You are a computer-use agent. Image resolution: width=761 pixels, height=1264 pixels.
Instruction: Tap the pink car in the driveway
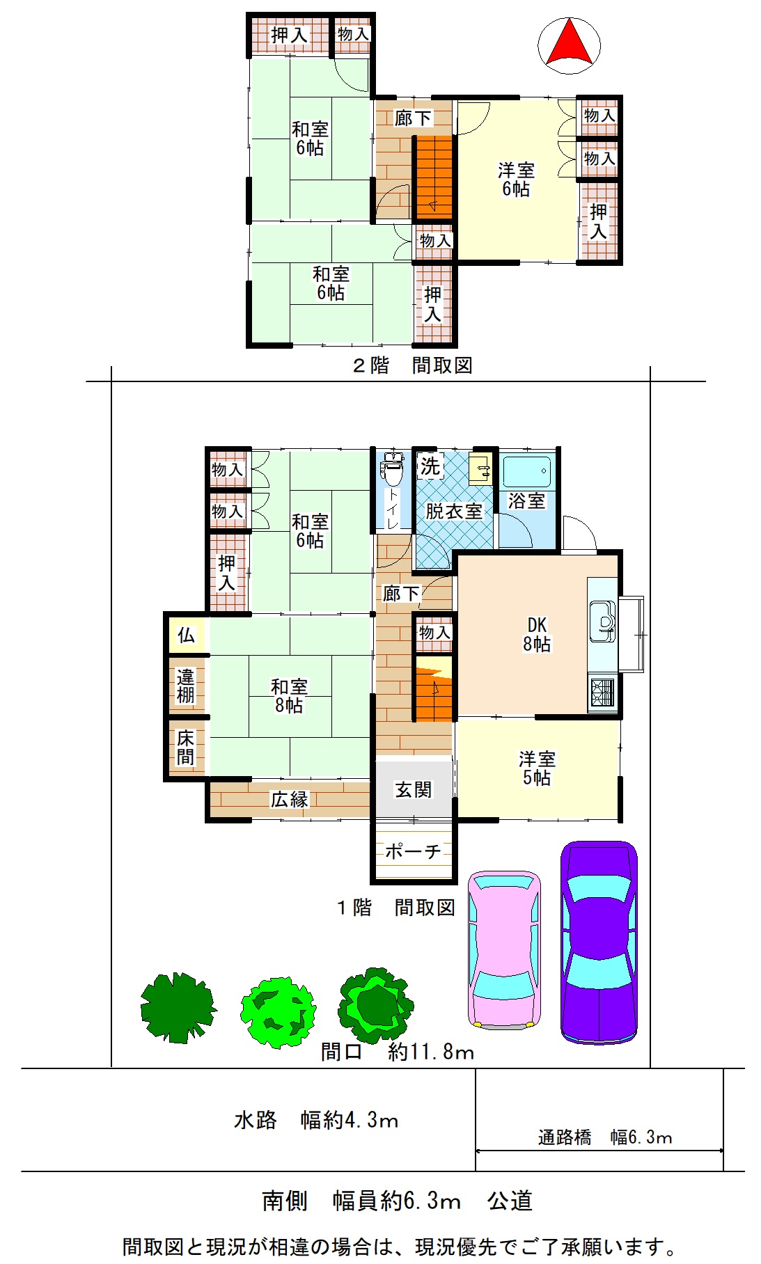[504, 949]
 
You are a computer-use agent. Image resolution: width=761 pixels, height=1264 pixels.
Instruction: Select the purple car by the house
[599, 942]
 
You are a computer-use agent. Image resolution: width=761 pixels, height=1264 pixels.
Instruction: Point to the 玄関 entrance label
[414, 789]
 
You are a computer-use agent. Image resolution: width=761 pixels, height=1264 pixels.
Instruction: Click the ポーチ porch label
[413, 851]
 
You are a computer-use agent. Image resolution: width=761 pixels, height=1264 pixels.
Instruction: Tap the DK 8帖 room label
[537, 635]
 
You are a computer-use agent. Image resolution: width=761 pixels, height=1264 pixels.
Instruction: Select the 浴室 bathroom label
[526, 500]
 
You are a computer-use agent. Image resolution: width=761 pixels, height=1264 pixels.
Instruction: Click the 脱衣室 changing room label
[454, 512]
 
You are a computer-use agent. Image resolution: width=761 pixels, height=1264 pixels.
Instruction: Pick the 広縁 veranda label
[290, 799]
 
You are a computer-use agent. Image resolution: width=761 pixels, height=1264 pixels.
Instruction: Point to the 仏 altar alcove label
[186, 635]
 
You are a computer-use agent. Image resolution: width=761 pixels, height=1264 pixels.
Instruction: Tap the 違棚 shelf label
[185, 686]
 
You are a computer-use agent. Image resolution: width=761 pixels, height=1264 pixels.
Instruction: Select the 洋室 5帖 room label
[537, 768]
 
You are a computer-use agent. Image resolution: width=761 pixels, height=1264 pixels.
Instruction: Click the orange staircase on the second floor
[434, 177]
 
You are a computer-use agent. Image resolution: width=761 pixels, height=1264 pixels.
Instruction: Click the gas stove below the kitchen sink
[603, 693]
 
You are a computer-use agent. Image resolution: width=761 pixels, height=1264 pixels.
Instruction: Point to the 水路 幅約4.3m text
[316, 1120]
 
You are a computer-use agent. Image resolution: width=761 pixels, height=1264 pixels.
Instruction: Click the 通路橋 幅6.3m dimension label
[605, 1137]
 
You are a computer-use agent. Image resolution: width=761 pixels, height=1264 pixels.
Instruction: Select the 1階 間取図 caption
[396, 908]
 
